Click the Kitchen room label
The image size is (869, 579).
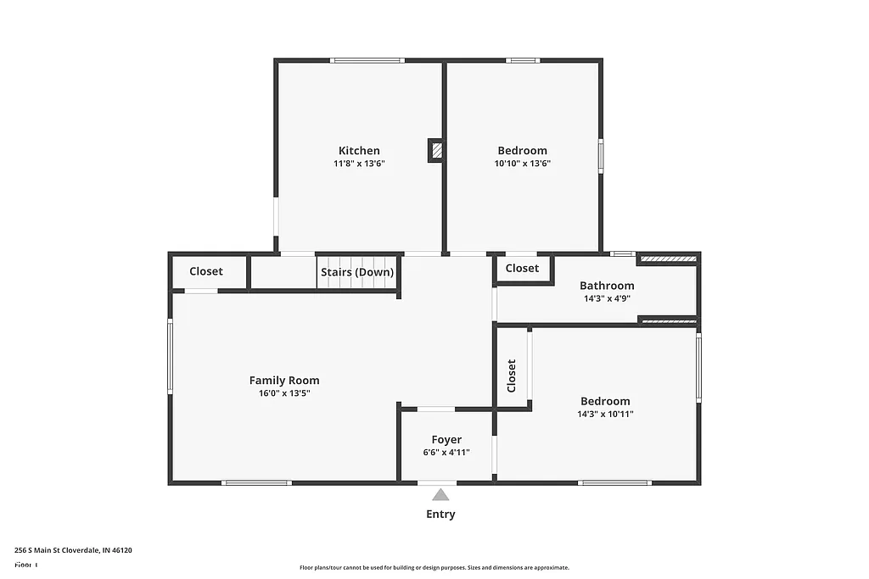tap(359, 151)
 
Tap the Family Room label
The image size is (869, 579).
tap(284, 381)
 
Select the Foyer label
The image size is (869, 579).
tap(446, 439)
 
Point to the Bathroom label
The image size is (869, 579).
tap(607, 286)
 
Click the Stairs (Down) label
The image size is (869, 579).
tap(357, 272)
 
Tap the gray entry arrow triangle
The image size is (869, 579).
tap(440, 495)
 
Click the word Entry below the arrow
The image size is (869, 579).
tap(440, 514)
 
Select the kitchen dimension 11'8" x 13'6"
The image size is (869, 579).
tap(359, 164)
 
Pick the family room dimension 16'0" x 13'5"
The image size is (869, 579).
tap(284, 393)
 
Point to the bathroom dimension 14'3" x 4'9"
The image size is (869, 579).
tap(607, 298)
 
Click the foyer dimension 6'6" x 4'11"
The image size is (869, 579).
tap(446, 453)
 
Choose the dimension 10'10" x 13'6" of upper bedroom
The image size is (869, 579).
tap(523, 164)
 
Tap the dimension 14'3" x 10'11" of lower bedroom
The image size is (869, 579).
tap(606, 415)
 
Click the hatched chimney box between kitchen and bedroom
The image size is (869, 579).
tap(436, 151)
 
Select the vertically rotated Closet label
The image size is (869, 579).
tap(512, 376)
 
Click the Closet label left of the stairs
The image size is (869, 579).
tap(206, 271)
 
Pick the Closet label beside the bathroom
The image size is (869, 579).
tap(522, 268)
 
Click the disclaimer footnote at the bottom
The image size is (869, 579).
tap(434, 568)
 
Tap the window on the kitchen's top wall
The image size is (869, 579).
tap(367, 60)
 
